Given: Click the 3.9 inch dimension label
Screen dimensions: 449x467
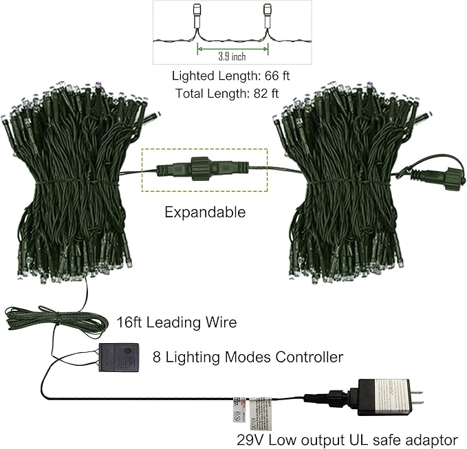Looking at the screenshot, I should [x=232, y=56].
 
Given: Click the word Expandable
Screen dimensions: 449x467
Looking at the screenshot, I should [x=205, y=212].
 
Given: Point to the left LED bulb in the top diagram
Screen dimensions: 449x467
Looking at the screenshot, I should [x=198, y=18].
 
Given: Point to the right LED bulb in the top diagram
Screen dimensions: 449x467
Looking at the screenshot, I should [x=267, y=17].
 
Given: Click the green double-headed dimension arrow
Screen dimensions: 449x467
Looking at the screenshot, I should [x=232, y=48].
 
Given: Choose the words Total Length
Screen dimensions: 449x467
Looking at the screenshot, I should [x=208, y=93].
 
